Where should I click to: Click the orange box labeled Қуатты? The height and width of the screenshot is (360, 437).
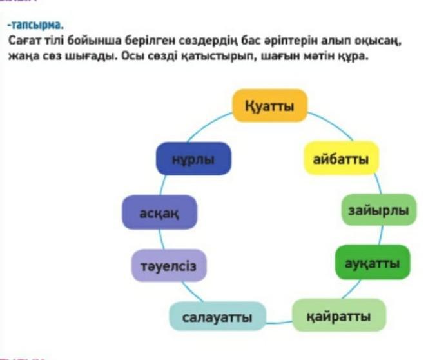270,106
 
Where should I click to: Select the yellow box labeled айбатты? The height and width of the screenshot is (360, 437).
341,159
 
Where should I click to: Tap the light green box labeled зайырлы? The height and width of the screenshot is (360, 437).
379,210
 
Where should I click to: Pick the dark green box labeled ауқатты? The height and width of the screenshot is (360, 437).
373,263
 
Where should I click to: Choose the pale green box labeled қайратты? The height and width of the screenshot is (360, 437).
339,315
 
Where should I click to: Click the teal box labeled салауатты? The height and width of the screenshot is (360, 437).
217,316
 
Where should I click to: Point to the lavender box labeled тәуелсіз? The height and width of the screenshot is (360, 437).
169,266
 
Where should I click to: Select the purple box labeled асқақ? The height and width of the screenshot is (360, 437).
159,212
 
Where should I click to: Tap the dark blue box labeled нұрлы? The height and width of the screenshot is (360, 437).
193,159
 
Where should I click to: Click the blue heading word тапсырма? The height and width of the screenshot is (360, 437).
37,25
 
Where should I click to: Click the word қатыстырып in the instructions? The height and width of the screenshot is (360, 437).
217,57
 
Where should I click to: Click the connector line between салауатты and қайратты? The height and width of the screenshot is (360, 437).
279,323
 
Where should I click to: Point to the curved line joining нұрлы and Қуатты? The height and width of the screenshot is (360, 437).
208,125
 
